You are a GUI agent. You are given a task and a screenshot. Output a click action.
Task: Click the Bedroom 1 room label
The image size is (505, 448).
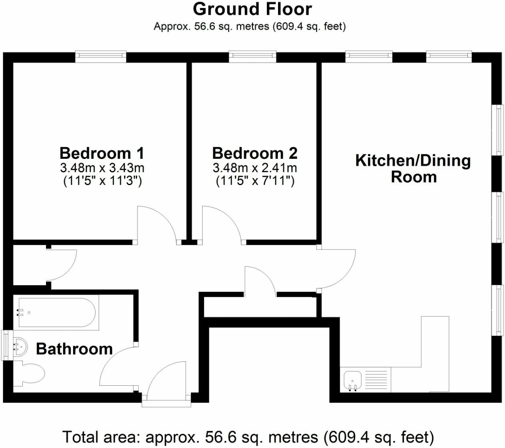point(101,153)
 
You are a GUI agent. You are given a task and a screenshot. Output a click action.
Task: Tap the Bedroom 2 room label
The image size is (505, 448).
point(254,153)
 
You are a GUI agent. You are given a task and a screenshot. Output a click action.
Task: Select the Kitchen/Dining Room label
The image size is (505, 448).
point(413,168)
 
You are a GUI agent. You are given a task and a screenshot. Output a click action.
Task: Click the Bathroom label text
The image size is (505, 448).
point(74,349)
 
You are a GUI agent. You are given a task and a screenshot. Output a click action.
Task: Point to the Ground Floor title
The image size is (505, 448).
point(252,9)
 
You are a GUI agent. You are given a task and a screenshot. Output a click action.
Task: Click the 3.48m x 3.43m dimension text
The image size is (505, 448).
point(101,168)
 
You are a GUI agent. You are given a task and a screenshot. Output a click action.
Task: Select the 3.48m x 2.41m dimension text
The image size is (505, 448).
point(254,168)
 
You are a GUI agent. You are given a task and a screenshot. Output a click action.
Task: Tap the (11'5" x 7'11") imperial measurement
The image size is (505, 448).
point(255,182)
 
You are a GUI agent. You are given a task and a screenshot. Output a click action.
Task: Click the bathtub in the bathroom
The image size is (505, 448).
point(56,313)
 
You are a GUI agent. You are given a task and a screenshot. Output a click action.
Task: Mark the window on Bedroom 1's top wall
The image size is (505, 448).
point(101,56)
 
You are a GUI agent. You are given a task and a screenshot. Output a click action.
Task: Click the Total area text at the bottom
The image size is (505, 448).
point(248,437)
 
